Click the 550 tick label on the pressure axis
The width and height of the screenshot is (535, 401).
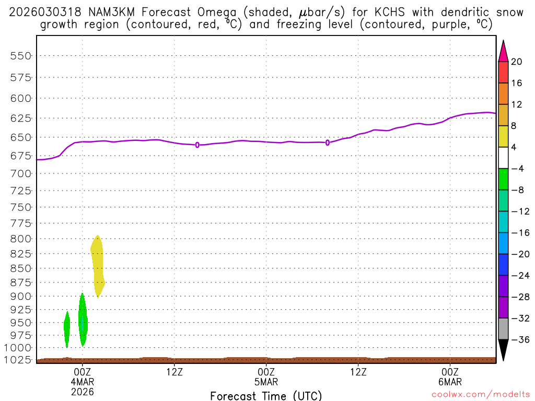pyautogui.click(x=21, y=56)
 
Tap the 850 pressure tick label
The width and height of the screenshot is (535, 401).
pyautogui.click(x=21, y=268)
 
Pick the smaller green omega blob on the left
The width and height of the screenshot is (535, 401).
pyautogui.click(x=67, y=328)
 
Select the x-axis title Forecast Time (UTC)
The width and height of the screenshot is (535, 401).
pyautogui.click(x=266, y=396)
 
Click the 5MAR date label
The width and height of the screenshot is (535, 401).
pyautogui.click(x=266, y=382)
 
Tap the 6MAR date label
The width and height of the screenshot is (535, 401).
pyautogui.click(x=450, y=382)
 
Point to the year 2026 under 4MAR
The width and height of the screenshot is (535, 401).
pyautogui.click(x=82, y=391)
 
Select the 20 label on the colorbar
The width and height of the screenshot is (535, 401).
pyautogui.click(x=517, y=62)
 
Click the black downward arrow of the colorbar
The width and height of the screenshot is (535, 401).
pyautogui.click(x=503, y=349)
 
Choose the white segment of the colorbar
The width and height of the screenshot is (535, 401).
pyautogui.click(x=503, y=158)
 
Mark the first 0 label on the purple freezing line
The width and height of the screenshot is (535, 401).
pyautogui.click(x=197, y=145)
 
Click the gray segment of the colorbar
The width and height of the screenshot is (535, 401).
pyautogui.click(x=503, y=328)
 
